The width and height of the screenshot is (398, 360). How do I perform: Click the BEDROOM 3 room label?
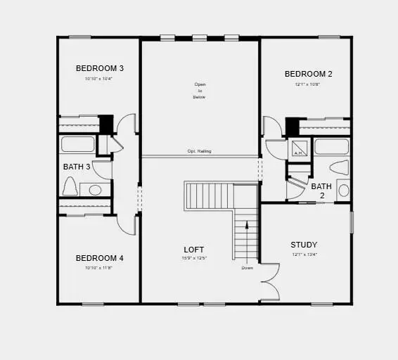tap(99, 68)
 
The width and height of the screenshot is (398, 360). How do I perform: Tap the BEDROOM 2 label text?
tap(308, 74)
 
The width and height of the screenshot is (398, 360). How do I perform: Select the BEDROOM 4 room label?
tap(99, 258)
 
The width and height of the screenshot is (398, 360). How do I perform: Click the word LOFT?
tap(194, 250)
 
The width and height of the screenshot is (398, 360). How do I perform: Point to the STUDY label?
tap(304, 245)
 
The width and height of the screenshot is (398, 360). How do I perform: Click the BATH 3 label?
tap(77, 167)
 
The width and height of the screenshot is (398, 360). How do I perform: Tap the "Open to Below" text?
tap(200, 91)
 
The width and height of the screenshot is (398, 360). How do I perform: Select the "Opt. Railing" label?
tap(199, 151)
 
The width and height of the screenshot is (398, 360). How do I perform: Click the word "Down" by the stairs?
tap(247, 268)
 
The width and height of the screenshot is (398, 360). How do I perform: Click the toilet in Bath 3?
tap(70, 186)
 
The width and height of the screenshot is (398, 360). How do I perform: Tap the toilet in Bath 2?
tap(338, 167)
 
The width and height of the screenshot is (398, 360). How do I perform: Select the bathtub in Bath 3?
tap(77, 144)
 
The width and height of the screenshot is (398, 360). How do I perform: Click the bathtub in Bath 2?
tap(331, 146)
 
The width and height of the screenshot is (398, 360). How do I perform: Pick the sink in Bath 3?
tap(95, 189)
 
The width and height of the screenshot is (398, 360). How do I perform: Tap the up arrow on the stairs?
tap(247, 226)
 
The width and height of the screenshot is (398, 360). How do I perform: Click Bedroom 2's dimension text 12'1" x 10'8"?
tap(308, 84)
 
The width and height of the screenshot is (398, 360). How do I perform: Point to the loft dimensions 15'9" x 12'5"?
tap(195, 259)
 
